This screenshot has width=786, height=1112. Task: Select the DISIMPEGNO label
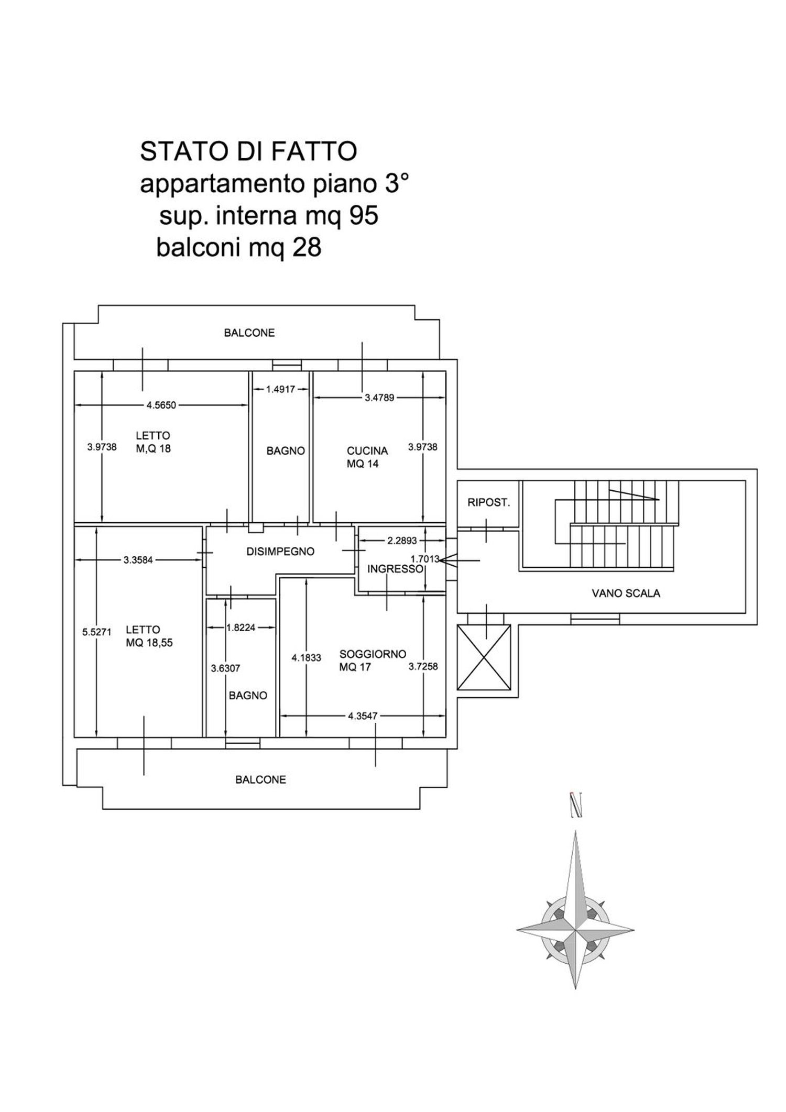click(280, 551)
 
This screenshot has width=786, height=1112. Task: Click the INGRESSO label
click(395, 569)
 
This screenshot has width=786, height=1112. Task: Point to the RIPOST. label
click(488, 502)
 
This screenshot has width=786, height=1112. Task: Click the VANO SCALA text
click(626, 593)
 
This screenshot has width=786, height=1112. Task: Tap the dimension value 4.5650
click(161, 404)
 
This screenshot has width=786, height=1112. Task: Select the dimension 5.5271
click(97, 632)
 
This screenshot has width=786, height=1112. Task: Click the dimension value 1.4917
click(280, 389)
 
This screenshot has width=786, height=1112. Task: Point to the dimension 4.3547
click(363, 716)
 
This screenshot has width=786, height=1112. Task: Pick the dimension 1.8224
click(241, 627)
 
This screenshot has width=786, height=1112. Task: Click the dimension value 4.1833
click(307, 658)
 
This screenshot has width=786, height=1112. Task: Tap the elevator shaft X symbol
click(484, 658)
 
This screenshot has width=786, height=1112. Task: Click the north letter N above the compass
click(576, 805)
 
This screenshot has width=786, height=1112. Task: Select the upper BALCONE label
click(249, 333)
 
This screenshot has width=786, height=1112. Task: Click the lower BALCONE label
click(260, 779)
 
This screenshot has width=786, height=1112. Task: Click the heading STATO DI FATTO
click(248, 151)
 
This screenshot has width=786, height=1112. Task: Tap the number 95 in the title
click(364, 215)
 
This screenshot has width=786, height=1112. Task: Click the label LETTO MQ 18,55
click(149, 636)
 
